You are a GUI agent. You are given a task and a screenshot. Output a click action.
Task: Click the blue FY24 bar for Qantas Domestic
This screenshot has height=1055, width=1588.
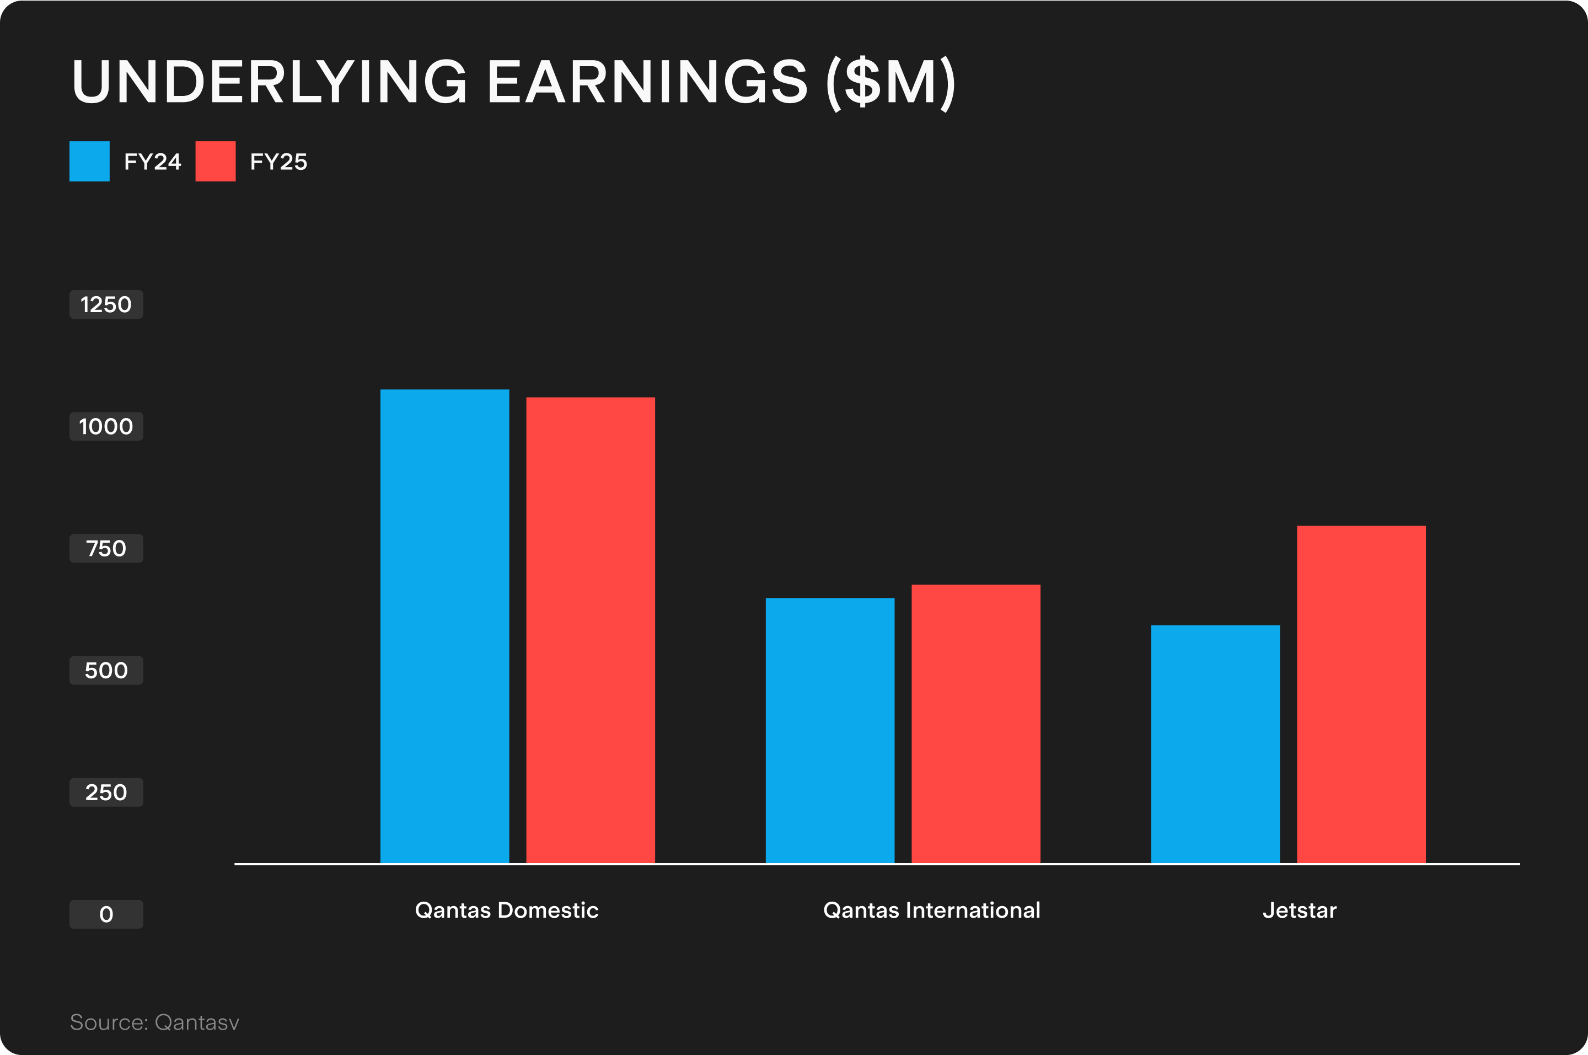444,626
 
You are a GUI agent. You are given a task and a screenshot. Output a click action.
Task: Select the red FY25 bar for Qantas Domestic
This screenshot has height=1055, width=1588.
590,630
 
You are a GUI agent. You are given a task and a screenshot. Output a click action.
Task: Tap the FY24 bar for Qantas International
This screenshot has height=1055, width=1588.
830,730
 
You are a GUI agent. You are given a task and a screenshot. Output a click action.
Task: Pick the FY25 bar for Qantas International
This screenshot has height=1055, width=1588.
975,724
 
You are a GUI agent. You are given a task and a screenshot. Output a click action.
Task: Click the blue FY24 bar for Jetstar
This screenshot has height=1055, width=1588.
1215,743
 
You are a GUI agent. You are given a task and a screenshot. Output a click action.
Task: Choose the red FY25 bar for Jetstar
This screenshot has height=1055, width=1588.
1361,694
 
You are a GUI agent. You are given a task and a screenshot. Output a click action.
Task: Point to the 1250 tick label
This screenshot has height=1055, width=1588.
106,305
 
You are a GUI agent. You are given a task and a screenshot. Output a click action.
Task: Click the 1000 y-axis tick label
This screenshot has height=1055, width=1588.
106,426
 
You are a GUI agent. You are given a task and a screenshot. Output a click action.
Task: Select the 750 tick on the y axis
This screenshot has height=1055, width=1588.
106,548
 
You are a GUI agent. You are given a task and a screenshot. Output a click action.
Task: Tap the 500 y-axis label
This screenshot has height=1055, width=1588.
106,670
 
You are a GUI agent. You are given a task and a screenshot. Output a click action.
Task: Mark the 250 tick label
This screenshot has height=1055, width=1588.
106,792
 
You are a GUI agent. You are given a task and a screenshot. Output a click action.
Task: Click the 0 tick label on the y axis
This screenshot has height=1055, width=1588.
106,914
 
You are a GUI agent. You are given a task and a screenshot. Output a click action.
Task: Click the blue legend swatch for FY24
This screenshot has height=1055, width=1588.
89,162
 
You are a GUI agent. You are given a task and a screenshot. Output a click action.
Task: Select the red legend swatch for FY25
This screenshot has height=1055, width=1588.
215,162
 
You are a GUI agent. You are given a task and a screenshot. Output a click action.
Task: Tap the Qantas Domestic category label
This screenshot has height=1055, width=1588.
507,911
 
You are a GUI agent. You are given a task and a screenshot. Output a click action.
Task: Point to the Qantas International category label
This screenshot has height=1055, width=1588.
931,911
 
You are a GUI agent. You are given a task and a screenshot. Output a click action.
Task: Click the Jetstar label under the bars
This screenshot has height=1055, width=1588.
1300,911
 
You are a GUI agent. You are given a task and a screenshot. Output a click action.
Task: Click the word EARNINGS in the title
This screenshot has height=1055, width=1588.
646,82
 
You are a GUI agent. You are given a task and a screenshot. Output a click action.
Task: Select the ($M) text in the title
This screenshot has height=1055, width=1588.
890,82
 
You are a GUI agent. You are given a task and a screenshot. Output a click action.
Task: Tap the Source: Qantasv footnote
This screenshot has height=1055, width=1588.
155,1022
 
